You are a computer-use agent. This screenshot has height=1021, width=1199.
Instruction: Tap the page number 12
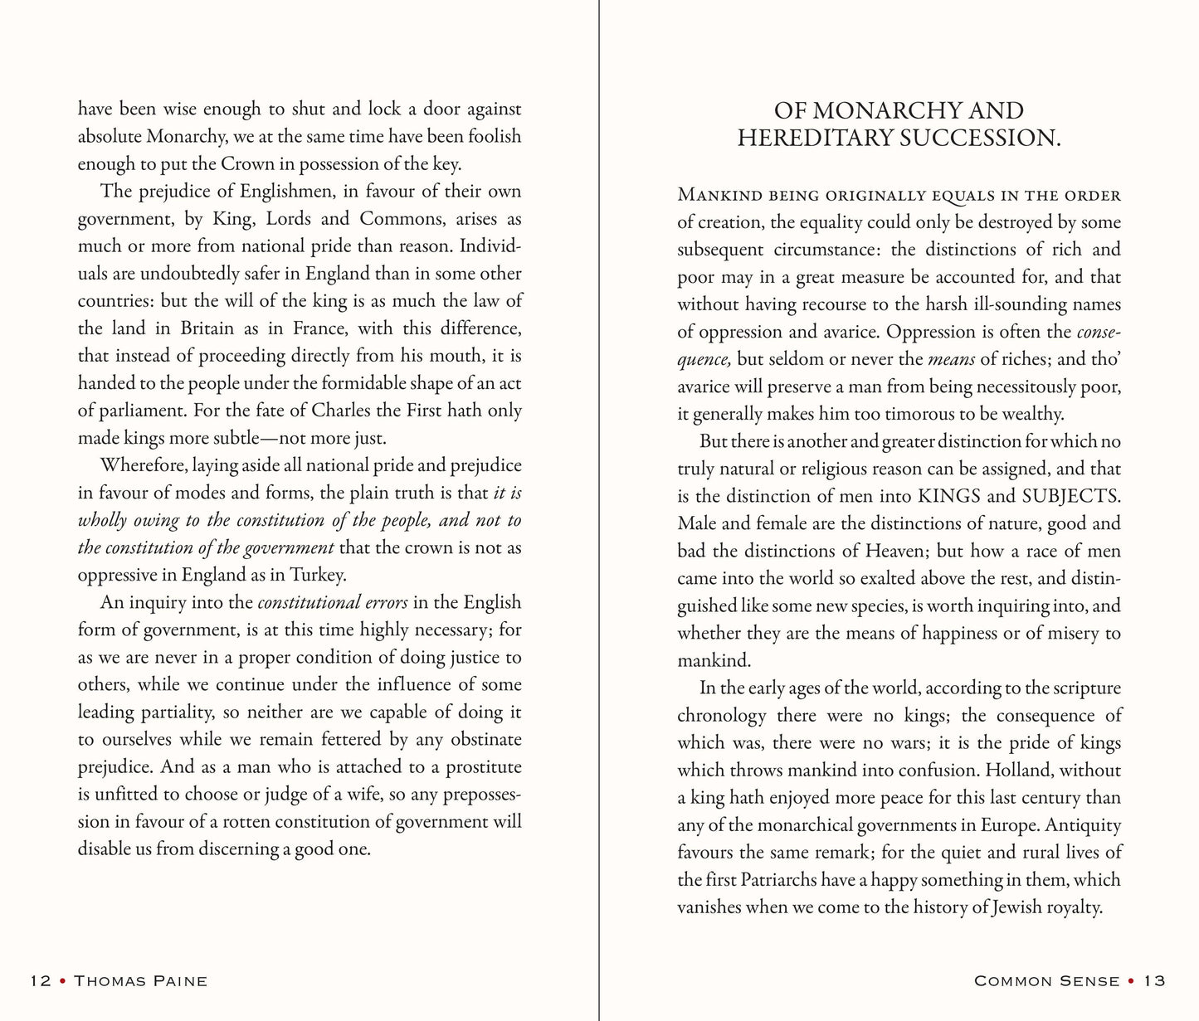point(40,981)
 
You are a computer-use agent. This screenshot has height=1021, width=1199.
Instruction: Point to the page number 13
point(1155,981)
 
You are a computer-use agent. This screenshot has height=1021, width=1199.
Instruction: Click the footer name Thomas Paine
point(140,981)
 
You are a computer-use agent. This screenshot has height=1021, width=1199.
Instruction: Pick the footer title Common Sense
point(1046,981)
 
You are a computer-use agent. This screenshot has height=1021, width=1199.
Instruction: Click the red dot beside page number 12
point(60,981)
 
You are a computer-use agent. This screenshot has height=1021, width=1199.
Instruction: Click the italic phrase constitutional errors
point(332,602)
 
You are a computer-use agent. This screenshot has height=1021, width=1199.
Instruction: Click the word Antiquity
point(1082,825)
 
